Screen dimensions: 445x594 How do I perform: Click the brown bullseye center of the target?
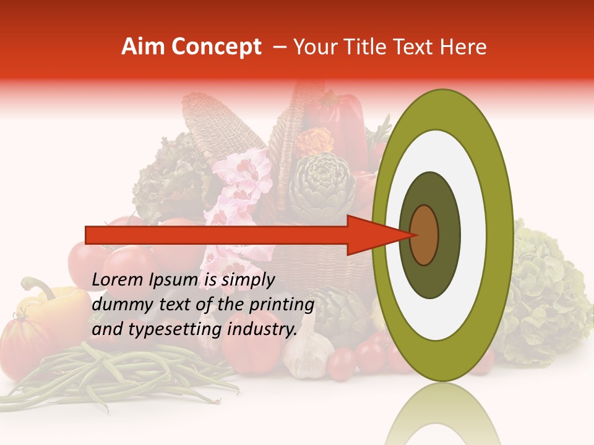[424, 235]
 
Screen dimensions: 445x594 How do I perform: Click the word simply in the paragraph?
[247, 280]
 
